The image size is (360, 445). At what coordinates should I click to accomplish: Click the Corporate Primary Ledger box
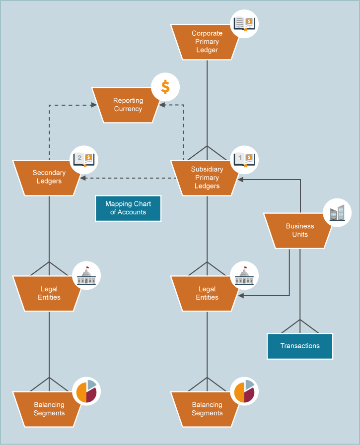[207, 42]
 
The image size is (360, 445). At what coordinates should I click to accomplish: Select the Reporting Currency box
[128, 105]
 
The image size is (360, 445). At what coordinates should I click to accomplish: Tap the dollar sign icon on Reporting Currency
[165, 87]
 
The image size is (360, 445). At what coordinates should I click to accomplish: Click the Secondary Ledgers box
[49, 177]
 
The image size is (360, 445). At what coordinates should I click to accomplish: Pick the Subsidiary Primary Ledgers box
[207, 178]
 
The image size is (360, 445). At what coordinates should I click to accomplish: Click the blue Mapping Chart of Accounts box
[128, 208]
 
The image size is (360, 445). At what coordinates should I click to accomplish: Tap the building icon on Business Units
[337, 213]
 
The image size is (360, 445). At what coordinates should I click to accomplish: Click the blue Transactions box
[299, 346]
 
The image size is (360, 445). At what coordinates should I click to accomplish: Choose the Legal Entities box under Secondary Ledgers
[49, 293]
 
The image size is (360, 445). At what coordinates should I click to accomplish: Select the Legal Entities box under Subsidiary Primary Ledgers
[207, 293]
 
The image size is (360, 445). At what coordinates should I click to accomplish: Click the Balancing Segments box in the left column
[49, 409]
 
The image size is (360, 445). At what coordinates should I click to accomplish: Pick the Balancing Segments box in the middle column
[207, 409]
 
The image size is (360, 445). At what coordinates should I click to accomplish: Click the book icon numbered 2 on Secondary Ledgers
[84, 160]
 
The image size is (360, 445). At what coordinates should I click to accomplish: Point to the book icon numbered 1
[244, 159]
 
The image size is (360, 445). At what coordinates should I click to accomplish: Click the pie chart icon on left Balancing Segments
[86, 391]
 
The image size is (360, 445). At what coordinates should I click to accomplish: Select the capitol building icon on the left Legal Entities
[86, 276]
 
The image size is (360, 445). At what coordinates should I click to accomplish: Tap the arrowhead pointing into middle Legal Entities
[241, 296]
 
